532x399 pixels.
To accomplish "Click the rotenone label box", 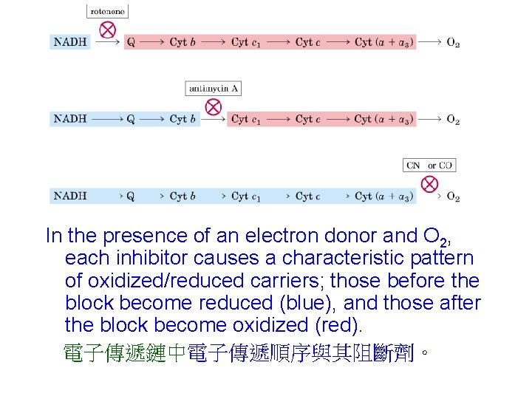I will tap(108, 11).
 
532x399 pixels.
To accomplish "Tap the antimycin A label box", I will tap(214, 89).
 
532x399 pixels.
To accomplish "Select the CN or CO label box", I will tap(429, 166).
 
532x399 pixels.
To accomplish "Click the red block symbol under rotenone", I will tap(108, 30).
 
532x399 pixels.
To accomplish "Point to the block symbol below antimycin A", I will tap(213, 107).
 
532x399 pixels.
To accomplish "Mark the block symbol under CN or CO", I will tap(429, 184).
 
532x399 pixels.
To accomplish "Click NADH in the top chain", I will tap(71, 42).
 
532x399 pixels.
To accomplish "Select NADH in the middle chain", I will tap(71, 119).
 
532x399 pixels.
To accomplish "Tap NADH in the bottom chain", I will tap(71, 197).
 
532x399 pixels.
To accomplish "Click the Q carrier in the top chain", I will tap(131, 42).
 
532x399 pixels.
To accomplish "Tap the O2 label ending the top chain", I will tap(453, 43).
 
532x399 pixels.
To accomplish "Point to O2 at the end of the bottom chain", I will tap(453, 197).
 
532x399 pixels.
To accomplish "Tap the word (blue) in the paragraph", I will tap(310, 303).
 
